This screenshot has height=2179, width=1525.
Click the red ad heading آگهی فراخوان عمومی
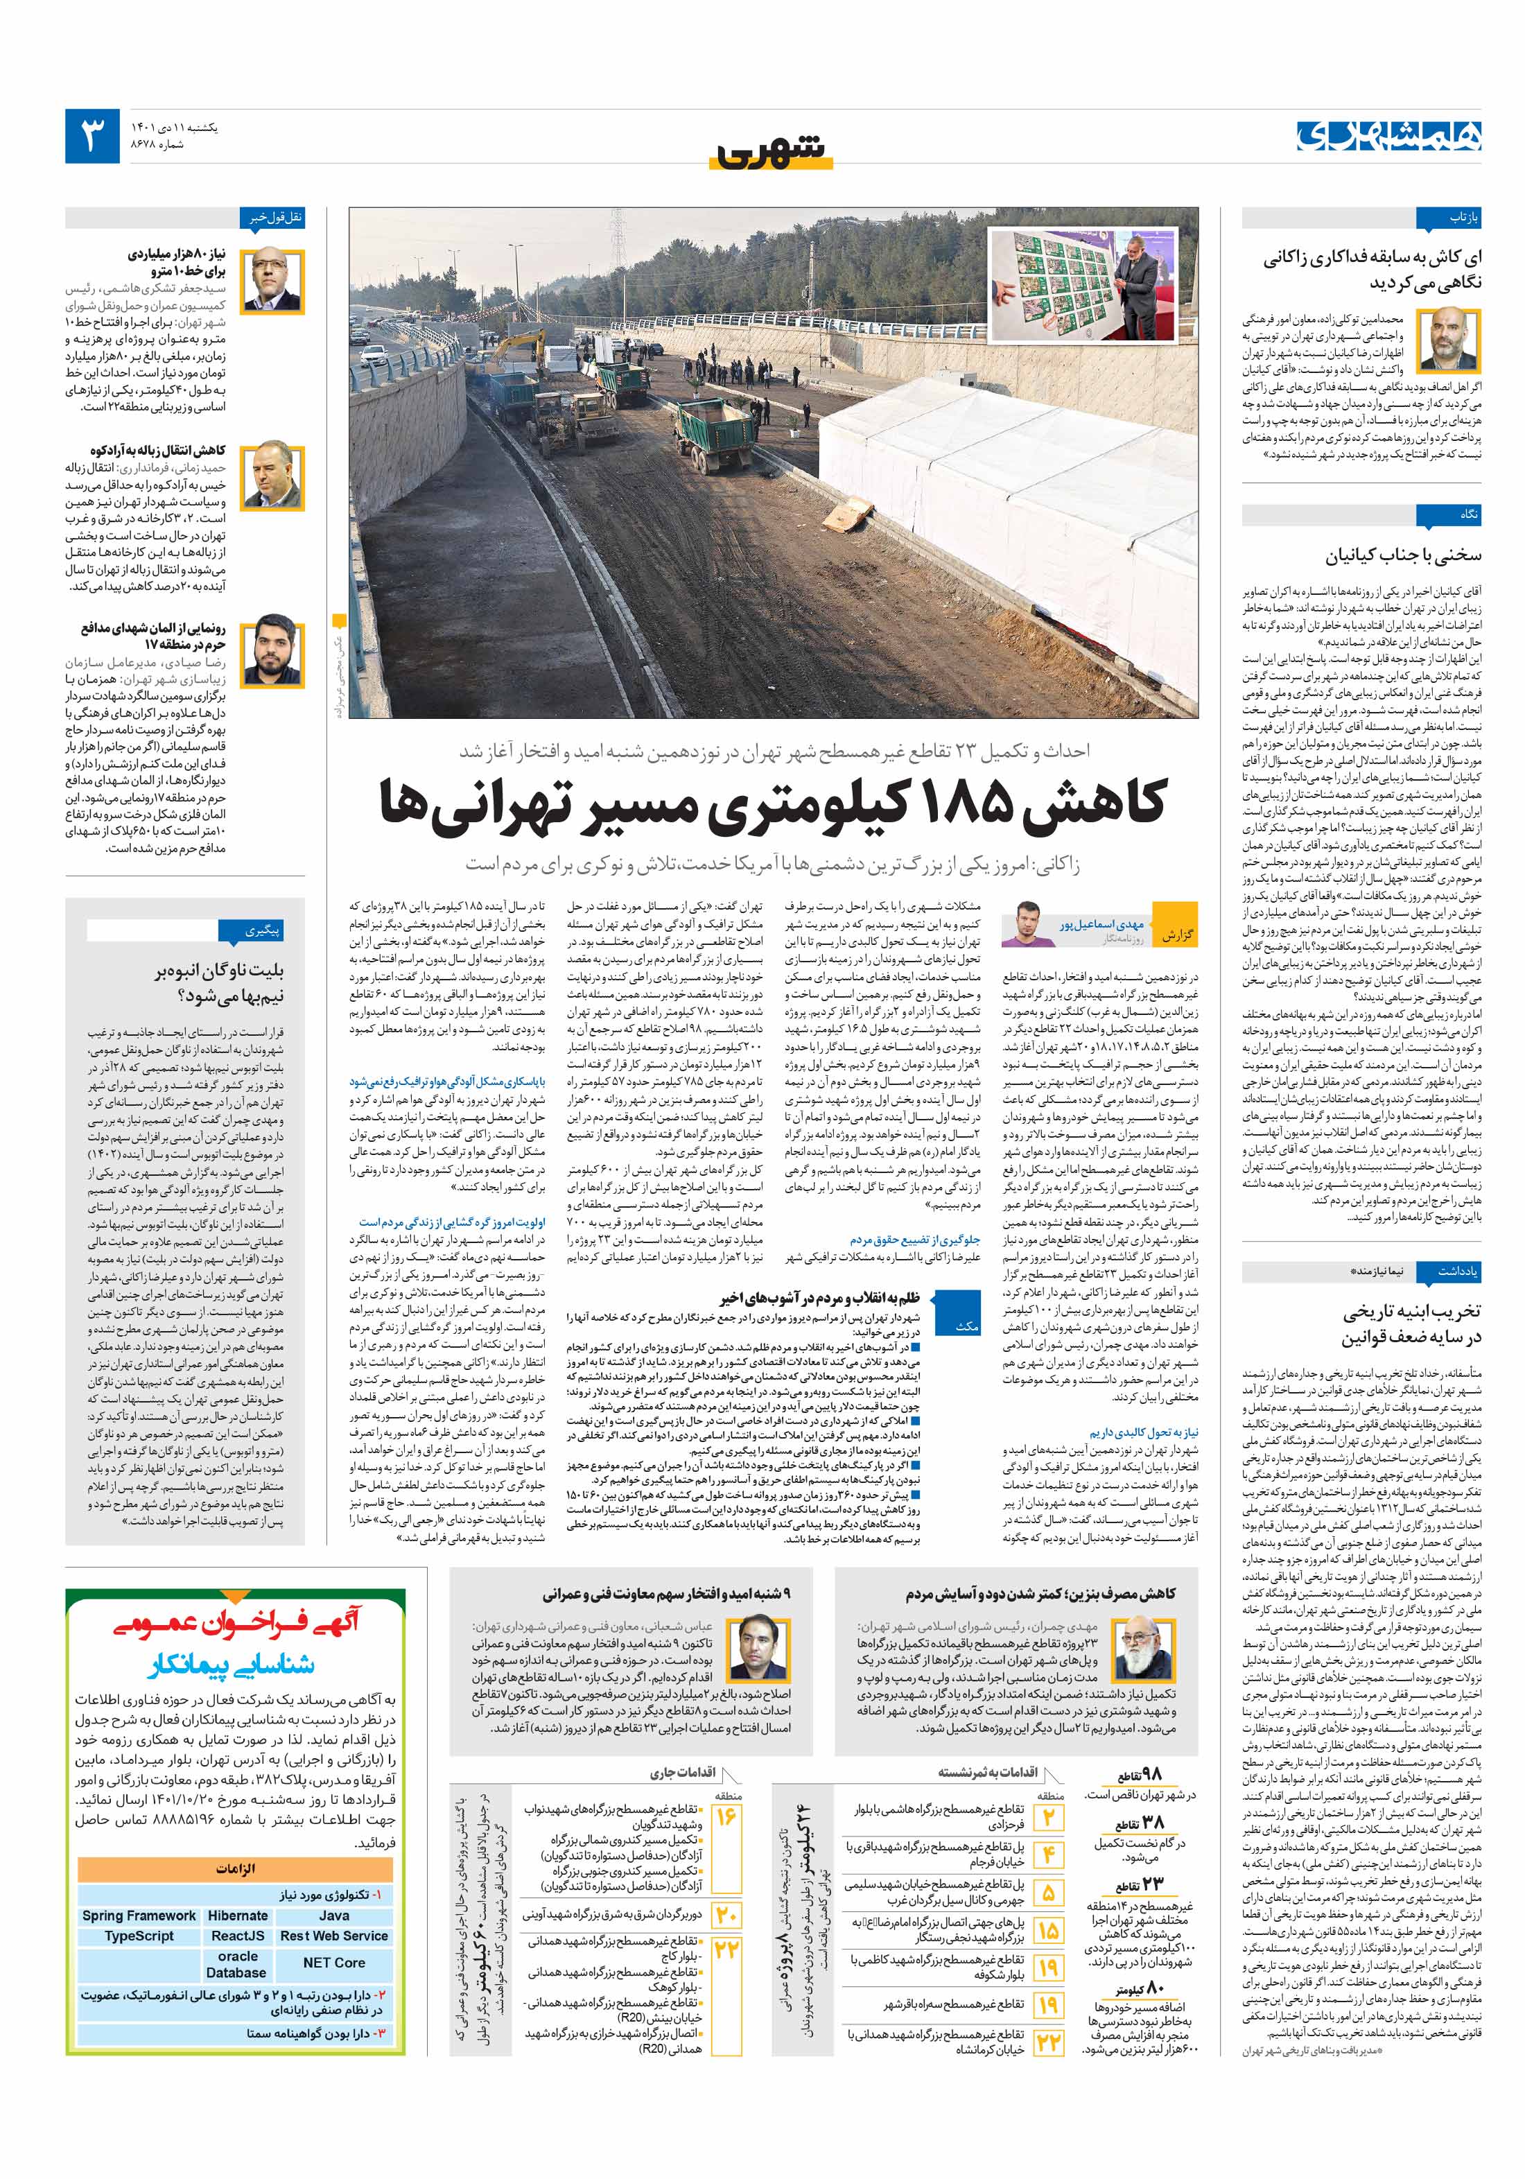pos(236,1624)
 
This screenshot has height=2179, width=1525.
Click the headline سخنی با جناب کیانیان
pos(1402,555)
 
